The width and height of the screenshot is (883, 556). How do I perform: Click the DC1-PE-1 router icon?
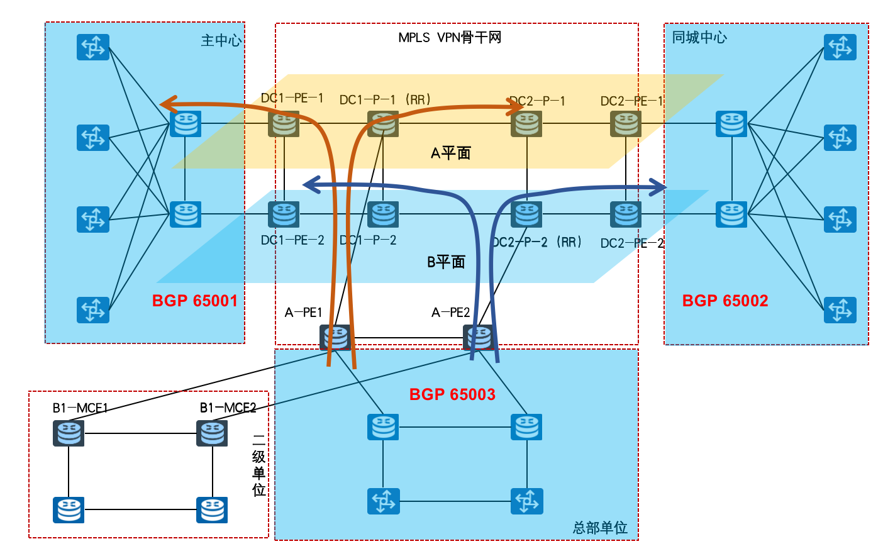coord(284,124)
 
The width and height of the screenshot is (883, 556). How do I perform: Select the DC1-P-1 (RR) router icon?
coord(383,124)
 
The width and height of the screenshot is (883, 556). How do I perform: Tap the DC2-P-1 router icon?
coord(527,124)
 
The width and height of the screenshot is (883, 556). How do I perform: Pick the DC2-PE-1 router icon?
coord(626,124)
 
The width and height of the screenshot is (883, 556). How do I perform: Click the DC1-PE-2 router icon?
coord(284,214)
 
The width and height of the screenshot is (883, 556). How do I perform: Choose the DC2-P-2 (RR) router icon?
coord(527,214)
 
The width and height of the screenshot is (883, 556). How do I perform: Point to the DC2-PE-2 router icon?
coord(626,214)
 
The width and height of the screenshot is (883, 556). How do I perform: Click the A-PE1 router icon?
coord(335,338)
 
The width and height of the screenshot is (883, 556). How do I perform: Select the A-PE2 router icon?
coord(479,338)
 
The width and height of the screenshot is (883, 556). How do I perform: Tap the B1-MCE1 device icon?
coord(69,433)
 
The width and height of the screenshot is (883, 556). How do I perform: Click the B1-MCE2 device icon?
coord(212,433)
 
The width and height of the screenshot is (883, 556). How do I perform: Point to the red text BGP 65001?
coord(195,301)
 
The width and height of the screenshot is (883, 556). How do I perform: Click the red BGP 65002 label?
coord(725,301)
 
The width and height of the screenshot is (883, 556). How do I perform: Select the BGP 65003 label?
coord(452,394)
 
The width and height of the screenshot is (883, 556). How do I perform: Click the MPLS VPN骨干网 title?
coord(450,38)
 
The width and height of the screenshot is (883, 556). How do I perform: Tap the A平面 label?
coord(450,153)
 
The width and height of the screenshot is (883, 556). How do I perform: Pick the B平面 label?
coord(446,262)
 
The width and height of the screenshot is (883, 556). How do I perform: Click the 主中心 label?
coord(221,41)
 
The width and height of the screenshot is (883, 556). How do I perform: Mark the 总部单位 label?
coord(600,528)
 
